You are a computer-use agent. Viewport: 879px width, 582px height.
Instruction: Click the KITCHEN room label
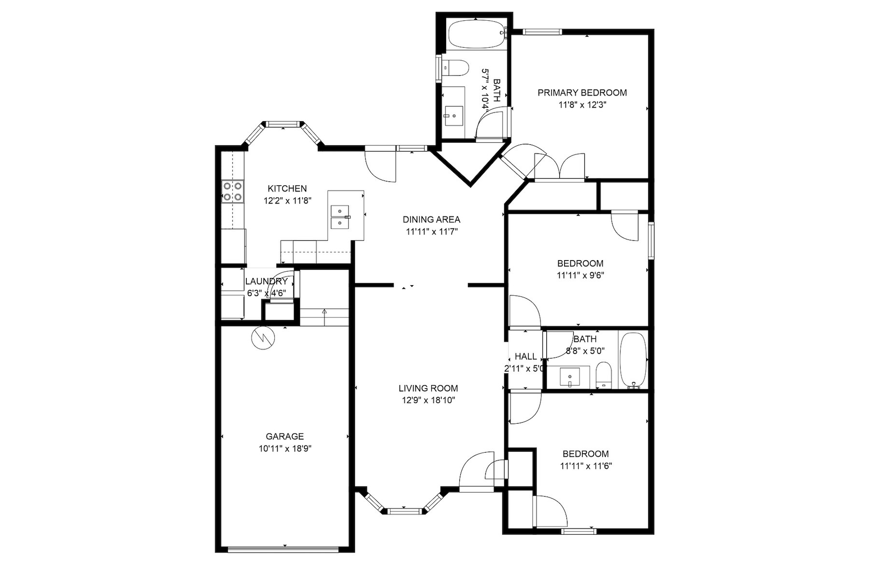point(287,189)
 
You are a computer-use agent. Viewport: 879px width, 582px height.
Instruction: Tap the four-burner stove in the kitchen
point(233,191)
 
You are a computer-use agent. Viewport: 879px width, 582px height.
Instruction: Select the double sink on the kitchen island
point(340,217)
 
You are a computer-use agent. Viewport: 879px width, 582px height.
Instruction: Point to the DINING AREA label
point(431,220)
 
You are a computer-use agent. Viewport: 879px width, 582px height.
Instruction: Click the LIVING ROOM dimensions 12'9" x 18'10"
point(428,400)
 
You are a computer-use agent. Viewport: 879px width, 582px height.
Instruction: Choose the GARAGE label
point(285,436)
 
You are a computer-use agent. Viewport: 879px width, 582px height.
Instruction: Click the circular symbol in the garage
point(263,338)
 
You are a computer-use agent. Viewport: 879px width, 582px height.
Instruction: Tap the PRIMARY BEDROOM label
point(582,93)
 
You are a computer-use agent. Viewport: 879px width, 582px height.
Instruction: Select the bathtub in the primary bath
point(477,35)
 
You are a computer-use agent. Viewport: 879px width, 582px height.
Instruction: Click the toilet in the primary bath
point(455,68)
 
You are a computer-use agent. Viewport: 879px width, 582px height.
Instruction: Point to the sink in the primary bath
point(454,116)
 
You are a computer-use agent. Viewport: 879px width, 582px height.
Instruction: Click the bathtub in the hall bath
point(633,360)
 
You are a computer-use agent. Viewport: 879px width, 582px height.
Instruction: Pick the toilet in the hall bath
point(604,375)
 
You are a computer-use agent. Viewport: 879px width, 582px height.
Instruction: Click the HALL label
point(526,357)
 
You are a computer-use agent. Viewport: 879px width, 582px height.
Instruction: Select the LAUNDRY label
point(267,281)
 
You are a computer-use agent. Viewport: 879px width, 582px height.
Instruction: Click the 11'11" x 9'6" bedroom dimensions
point(581,276)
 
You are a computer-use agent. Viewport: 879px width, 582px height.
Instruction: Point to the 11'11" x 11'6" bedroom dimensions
point(586,466)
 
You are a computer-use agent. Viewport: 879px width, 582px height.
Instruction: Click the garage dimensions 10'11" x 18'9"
point(285,448)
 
